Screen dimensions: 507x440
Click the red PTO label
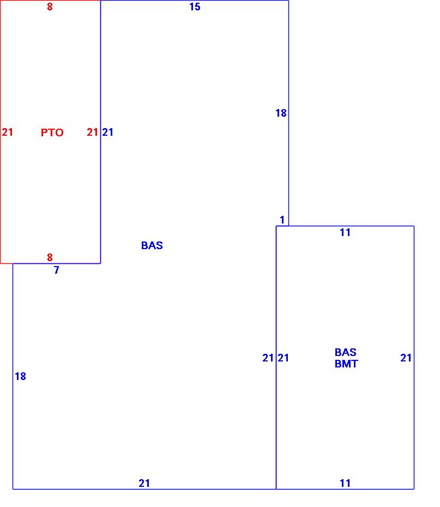52,132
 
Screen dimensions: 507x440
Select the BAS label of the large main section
152,245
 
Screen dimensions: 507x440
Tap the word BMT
346,364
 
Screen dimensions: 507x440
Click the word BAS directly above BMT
346,353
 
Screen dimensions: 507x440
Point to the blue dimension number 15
195,7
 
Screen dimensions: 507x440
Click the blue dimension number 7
57,270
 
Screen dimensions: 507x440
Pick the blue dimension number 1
282,220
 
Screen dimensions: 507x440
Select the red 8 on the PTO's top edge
50,7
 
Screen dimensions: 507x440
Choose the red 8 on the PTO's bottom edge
50,257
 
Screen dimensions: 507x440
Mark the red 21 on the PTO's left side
7,132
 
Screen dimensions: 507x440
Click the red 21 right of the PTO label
92,132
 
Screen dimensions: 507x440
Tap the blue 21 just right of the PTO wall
108,132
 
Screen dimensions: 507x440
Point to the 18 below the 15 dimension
281,113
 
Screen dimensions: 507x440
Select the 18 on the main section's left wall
20,376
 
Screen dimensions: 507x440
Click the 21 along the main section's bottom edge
144,483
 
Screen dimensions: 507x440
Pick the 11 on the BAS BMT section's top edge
345,233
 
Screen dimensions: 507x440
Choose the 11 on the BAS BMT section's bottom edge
345,483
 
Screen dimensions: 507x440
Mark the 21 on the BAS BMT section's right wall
406,358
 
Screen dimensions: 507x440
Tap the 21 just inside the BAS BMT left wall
284,358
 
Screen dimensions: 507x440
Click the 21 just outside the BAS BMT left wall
268,358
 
